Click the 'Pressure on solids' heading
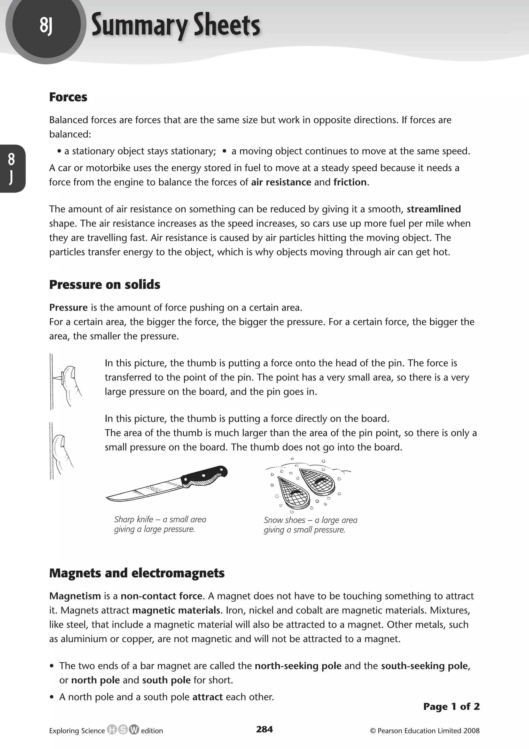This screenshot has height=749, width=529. (105, 284)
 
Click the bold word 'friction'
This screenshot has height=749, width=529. (350, 182)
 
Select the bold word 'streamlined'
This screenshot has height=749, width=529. (433, 209)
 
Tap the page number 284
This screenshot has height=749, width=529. (264, 729)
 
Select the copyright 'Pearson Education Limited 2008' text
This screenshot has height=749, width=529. (424, 731)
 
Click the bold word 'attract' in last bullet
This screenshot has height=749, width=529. (207, 697)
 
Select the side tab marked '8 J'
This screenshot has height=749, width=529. (12, 168)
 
